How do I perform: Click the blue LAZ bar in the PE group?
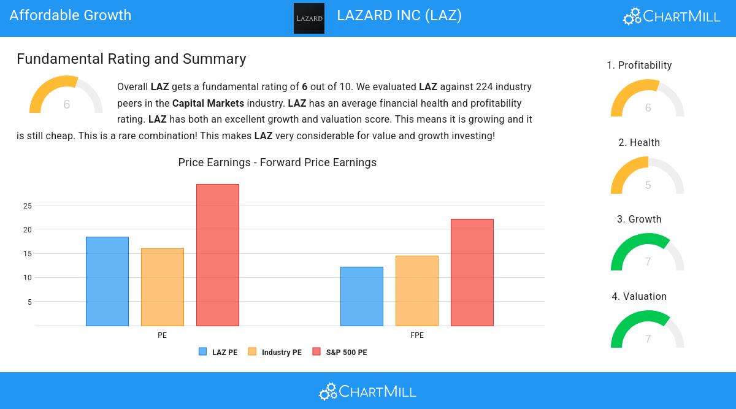(107, 281)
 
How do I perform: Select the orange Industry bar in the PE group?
(163, 287)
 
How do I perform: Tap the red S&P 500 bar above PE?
(218, 255)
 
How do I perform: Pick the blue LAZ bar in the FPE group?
(362, 296)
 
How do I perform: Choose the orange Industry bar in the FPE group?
(417, 291)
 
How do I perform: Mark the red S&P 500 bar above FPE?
(472, 272)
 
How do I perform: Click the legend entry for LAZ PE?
(218, 352)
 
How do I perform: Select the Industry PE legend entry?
(275, 352)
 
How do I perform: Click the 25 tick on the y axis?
(27, 205)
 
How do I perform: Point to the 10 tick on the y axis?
(27, 278)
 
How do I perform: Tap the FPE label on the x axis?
(417, 335)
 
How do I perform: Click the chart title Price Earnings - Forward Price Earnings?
(277, 162)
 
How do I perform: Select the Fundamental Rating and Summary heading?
(131, 59)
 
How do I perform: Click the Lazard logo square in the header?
(309, 18)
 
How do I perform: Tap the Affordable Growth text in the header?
(71, 15)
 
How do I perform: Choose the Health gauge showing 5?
(648, 177)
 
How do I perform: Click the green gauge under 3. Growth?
(648, 253)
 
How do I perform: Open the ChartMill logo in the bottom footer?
(368, 391)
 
